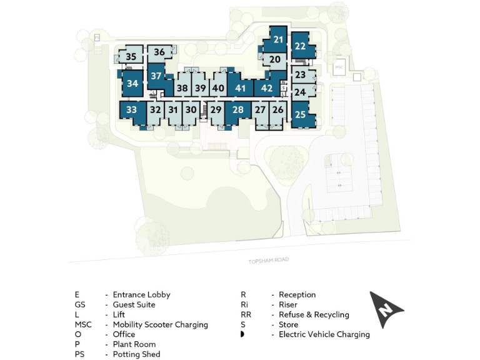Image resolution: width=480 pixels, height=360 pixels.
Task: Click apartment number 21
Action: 279,40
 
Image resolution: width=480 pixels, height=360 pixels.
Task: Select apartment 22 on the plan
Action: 300,46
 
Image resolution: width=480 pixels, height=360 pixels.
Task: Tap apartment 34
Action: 132,83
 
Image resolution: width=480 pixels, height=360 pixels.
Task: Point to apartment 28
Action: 237,110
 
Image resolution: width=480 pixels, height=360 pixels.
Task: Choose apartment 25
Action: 300,114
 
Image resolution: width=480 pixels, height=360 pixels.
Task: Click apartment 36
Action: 159,52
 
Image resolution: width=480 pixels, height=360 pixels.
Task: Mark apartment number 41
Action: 240,88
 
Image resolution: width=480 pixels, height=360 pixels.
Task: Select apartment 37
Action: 156,76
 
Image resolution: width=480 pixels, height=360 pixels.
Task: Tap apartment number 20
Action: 275,59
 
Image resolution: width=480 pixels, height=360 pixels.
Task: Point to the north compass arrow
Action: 387,307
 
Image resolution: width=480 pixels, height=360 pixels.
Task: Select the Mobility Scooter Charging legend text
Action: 160,324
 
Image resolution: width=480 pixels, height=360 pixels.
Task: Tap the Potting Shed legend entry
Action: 136,354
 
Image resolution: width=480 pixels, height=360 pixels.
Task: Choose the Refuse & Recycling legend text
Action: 314,314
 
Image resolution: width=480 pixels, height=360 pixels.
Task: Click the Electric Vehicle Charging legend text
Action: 324,334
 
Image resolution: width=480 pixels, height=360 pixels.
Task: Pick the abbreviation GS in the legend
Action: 79,304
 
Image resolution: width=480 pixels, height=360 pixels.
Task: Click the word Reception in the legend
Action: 297,294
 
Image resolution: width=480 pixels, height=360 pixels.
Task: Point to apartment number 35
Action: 131,57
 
